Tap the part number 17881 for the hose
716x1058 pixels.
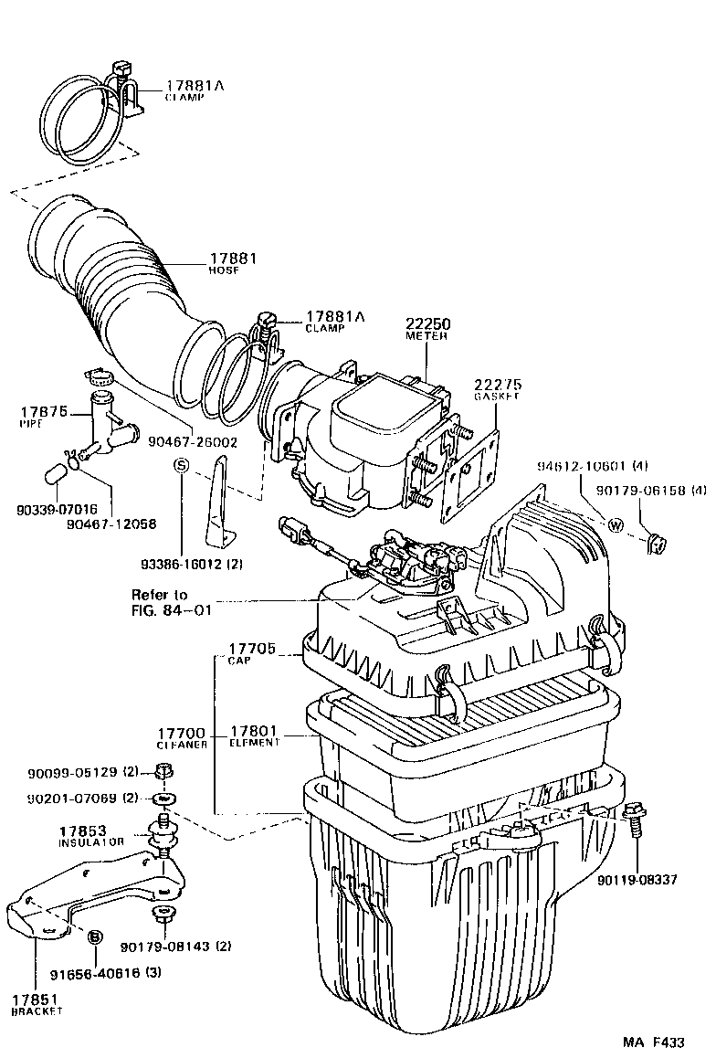pyautogui.click(x=233, y=259)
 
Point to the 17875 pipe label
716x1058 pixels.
pyautogui.click(x=44, y=413)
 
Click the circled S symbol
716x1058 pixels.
pyautogui.click(x=181, y=464)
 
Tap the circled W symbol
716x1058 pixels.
pyautogui.click(x=615, y=525)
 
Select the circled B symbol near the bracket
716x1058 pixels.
pyautogui.click(x=93, y=936)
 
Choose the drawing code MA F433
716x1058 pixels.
pyautogui.click(x=653, y=1042)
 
